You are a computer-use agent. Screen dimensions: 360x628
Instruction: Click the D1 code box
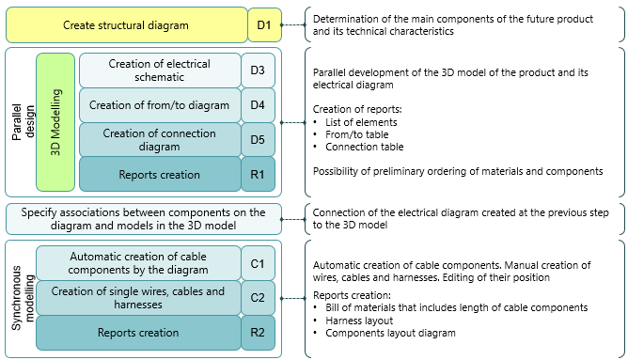pos(264,24)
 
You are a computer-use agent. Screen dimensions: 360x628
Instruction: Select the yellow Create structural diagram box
pos(126,24)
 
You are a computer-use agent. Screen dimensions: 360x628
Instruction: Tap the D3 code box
pos(258,70)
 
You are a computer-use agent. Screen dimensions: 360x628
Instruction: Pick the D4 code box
pos(258,104)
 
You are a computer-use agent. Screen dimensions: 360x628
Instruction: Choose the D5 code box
pos(258,139)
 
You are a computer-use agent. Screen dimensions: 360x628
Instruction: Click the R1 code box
pos(258,174)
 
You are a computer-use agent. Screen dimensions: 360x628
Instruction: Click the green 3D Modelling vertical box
pos(55,122)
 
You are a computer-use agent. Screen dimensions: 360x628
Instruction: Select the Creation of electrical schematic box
pos(160,70)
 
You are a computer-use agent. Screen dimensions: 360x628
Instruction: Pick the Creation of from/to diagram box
pos(160,104)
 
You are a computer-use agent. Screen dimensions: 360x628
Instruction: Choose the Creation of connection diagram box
pos(160,139)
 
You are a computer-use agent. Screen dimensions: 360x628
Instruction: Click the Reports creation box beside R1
pos(160,174)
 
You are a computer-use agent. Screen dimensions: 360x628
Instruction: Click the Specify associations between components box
pos(144,219)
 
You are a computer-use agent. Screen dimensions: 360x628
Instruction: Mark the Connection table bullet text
pos(365,147)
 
